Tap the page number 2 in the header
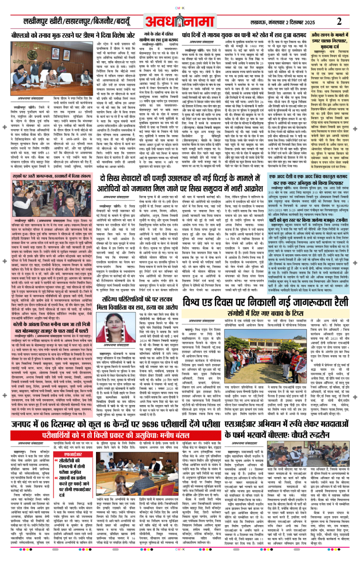click(339, 21)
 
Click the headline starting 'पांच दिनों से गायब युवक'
click(244, 35)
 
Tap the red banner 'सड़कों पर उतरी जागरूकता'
click(52, 176)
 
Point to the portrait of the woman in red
click(115, 326)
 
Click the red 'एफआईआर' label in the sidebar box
click(73, 454)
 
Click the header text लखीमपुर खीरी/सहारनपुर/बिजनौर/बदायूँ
click(77, 21)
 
